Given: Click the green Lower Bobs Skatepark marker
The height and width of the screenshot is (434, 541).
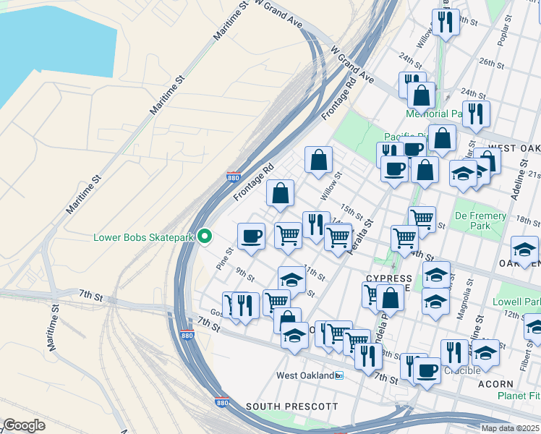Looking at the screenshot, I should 205,237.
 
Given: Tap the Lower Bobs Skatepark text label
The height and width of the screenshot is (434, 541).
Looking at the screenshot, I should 145,237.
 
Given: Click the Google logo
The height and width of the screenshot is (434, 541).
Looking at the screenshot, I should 25,425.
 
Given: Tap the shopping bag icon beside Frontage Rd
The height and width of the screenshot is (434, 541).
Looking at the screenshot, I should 281,193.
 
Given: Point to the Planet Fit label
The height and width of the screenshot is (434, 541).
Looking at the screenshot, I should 519,396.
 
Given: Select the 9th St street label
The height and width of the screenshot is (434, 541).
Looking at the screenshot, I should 245,276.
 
